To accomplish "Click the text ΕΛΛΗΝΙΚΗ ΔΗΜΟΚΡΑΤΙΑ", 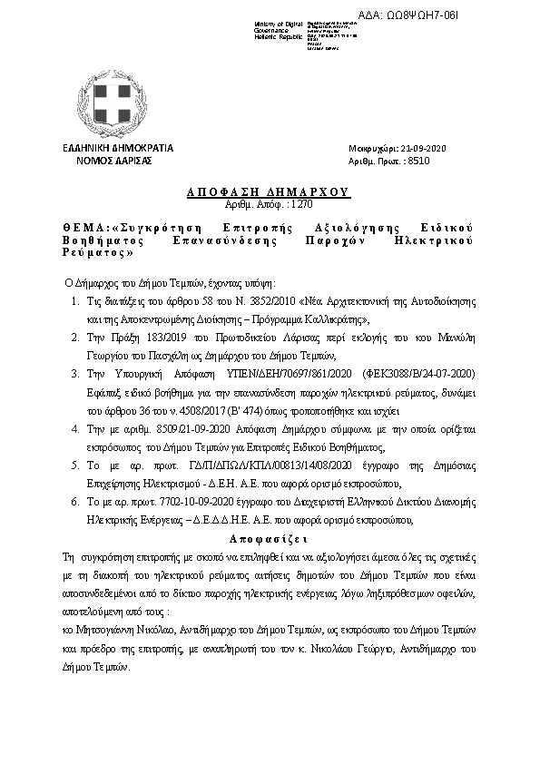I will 117,148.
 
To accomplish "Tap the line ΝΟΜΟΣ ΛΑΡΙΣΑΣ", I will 117,160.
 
